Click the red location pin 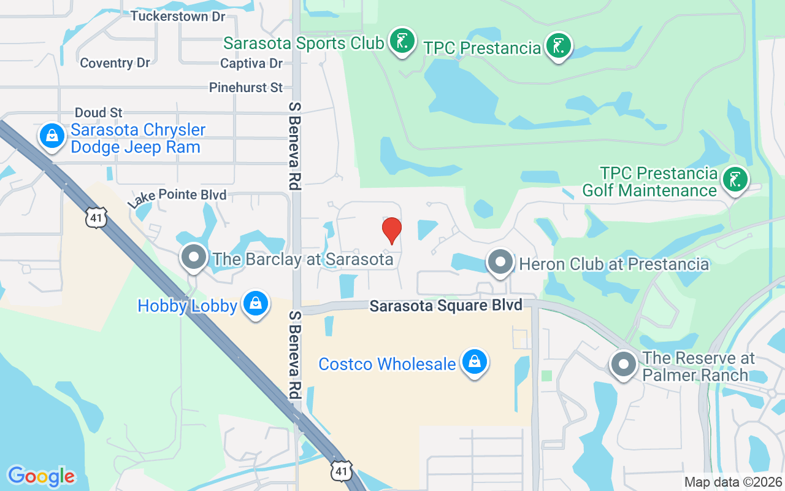(391, 230)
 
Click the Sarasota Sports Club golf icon (402, 41)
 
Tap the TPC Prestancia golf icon (558, 46)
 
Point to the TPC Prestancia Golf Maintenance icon (733, 179)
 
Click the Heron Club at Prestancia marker (500, 263)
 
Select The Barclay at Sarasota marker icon (194, 257)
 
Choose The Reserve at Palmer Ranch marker (624, 365)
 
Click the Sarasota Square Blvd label (446, 305)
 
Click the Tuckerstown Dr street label (178, 17)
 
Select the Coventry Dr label (115, 63)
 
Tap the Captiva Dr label (251, 63)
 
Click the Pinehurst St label (246, 88)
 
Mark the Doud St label (99, 112)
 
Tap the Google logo (41, 476)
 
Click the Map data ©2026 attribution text (733, 482)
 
